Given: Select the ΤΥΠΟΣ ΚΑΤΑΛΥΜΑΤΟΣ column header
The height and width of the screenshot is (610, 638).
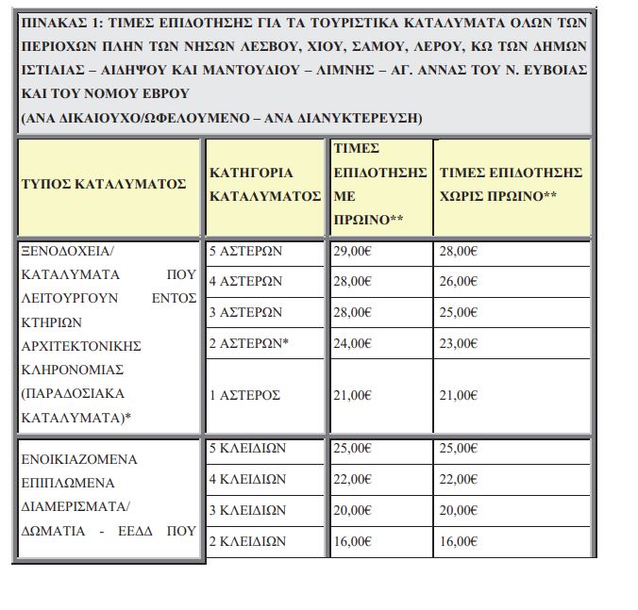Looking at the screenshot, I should (104, 184).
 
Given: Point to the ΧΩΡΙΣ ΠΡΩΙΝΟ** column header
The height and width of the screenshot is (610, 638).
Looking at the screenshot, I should (512, 185).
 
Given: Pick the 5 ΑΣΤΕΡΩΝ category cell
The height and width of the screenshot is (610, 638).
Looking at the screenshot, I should (245, 252).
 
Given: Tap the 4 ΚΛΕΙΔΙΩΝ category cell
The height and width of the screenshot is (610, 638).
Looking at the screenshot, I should (247, 479).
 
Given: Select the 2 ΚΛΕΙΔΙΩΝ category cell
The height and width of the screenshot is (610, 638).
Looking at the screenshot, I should (247, 541).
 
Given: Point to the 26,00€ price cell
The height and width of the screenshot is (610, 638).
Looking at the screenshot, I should (460, 281).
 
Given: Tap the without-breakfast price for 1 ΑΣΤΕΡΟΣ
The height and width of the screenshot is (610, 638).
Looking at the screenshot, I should (460, 395).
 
